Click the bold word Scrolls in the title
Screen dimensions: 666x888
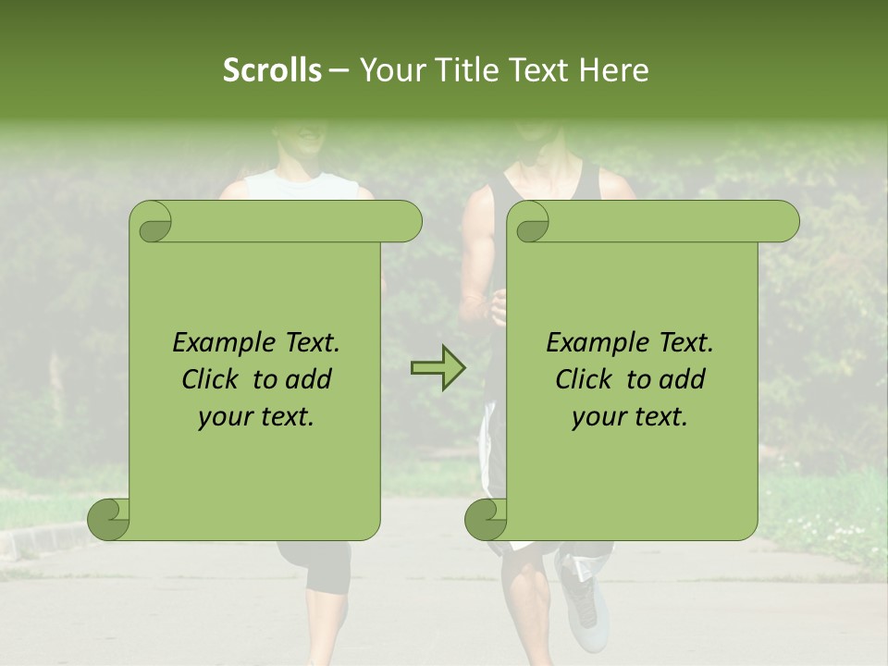pos(272,70)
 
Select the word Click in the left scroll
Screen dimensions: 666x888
pos(211,379)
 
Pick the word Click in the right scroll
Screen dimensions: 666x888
pos(585,379)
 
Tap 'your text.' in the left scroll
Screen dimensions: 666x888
pos(256,417)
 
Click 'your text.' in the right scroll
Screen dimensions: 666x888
pos(630,417)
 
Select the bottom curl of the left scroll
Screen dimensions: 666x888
pos(109,519)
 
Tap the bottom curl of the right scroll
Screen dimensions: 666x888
pos(486,519)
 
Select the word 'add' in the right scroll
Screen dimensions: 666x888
pos(684,379)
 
